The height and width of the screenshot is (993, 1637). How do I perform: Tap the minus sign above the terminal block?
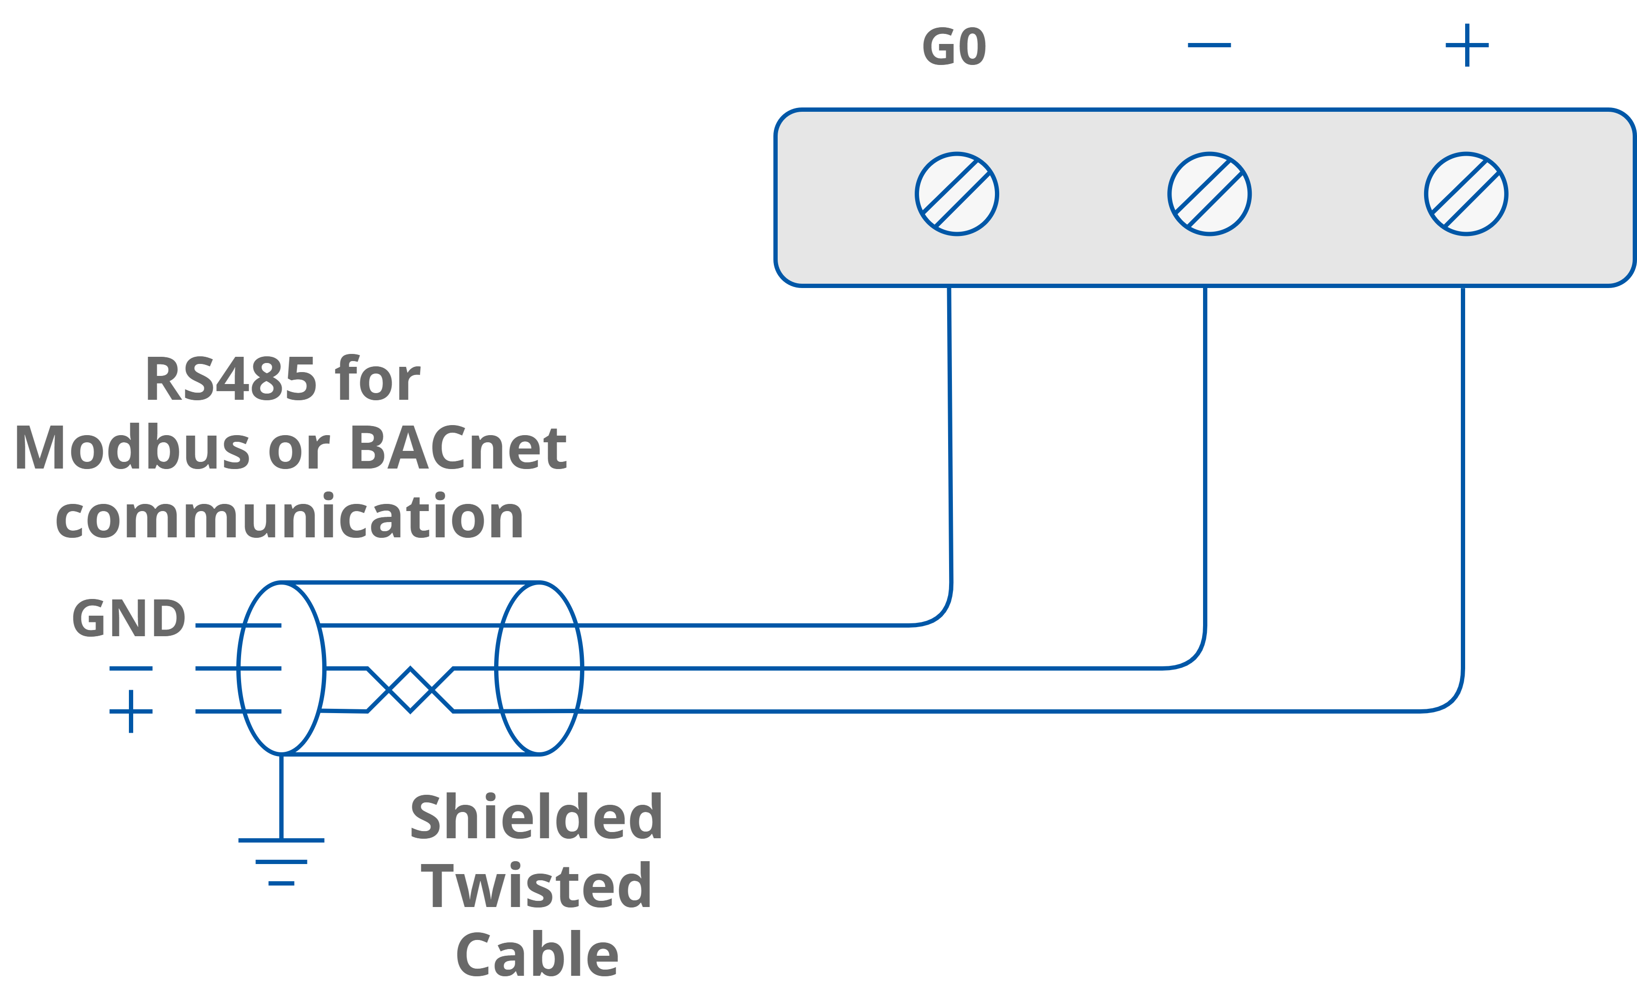(1209, 45)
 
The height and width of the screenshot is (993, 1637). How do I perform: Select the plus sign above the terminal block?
(1467, 45)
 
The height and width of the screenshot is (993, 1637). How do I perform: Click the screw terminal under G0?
(957, 194)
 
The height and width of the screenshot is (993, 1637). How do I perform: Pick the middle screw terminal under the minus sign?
(1209, 194)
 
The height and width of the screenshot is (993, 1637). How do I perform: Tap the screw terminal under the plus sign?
(1466, 194)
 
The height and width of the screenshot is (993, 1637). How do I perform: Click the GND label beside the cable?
(128, 618)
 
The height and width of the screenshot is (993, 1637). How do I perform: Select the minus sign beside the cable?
(131, 668)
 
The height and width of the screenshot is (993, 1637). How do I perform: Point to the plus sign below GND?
(131, 711)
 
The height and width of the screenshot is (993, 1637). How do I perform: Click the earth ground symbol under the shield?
(281, 861)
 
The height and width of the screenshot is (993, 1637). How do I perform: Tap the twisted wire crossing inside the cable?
(411, 690)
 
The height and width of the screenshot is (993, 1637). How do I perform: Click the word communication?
(290, 517)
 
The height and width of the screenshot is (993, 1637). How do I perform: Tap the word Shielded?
(536, 818)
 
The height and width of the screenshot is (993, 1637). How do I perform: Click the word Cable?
(537, 955)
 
